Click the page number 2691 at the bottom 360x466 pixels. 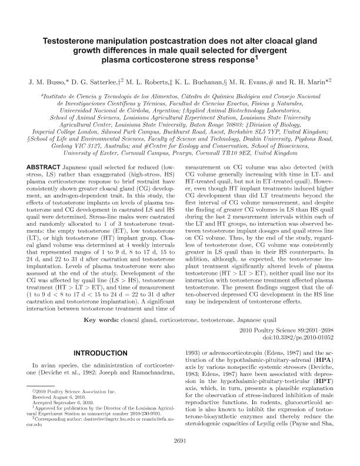click(x=179, y=457)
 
